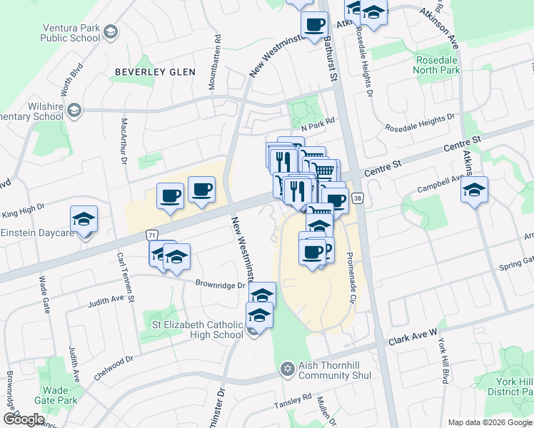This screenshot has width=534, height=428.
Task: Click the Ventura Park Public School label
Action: point(71,33)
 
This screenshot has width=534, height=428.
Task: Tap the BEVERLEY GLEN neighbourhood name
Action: point(151,72)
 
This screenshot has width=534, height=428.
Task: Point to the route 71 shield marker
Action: point(151,234)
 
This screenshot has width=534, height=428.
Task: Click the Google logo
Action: point(24,419)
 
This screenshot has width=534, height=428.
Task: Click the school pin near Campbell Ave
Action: point(473,191)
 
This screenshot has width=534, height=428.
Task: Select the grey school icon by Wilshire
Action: point(75,111)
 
